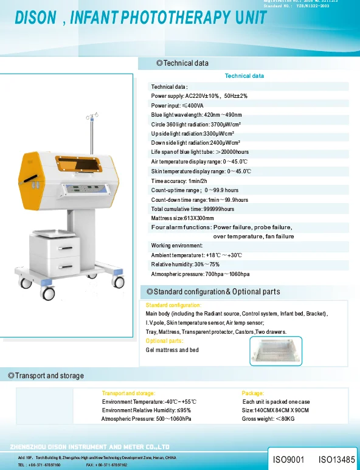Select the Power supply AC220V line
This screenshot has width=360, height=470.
[x=199, y=96]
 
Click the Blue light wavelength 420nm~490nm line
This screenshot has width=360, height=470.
[x=196, y=115]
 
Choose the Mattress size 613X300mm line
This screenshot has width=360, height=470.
[x=182, y=218]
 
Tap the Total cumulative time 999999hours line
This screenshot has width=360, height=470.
[x=192, y=209]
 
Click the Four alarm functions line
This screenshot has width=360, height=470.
[x=221, y=227]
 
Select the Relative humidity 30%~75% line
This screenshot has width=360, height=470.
[x=185, y=264]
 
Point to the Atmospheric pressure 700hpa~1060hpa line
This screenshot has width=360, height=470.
[x=200, y=274]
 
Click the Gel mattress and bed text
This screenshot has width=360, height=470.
[x=172, y=350]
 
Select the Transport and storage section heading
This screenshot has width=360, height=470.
[x=46, y=376]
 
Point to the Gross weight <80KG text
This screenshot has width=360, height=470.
[x=268, y=419]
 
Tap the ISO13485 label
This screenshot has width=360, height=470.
[x=337, y=460]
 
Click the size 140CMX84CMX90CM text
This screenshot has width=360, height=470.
[x=275, y=410]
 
